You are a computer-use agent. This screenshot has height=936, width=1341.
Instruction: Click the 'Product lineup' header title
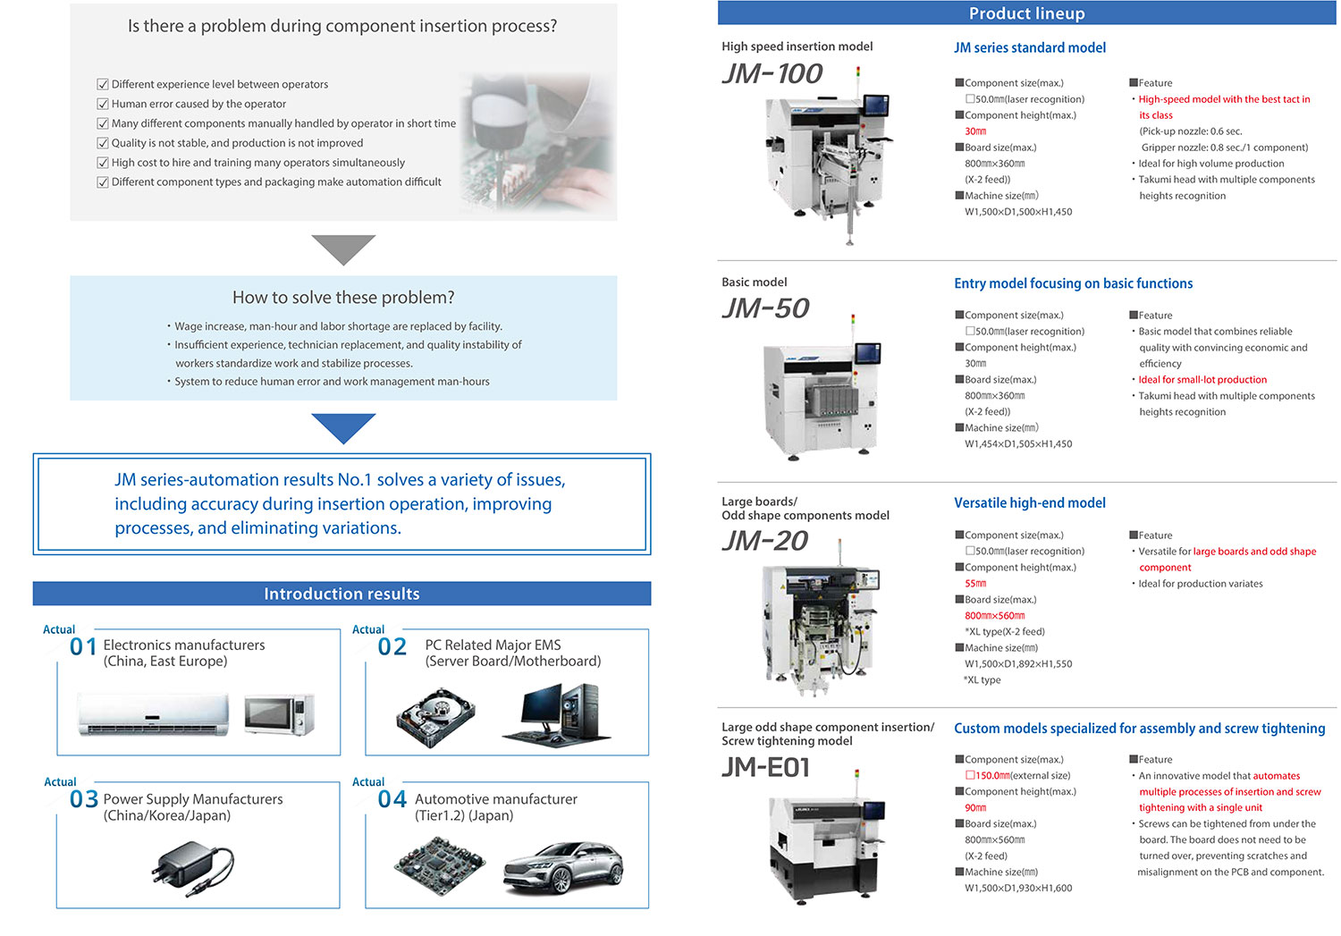coord(1026,13)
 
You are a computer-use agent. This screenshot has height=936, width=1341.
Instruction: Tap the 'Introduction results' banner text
coord(342,594)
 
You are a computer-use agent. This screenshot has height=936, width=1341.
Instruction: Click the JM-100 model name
coord(772,74)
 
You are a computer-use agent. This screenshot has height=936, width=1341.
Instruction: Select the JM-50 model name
coord(765,308)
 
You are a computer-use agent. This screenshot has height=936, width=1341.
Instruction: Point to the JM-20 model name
coord(765,541)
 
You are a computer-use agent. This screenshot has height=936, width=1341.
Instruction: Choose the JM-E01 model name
coord(765,767)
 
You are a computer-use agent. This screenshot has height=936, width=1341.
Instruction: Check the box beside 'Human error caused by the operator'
coord(103,104)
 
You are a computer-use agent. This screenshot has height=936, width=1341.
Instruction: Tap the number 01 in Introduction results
coord(82,647)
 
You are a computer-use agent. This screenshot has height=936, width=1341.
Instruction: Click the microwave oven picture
coord(279,714)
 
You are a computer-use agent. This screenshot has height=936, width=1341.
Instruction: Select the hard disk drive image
coord(436,718)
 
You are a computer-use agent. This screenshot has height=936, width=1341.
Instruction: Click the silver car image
coord(563,868)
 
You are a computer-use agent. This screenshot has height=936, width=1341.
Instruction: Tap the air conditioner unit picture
coord(153,714)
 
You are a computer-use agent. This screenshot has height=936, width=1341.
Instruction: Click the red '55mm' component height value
coord(975,584)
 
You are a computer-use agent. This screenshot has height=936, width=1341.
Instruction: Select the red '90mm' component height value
coord(975,808)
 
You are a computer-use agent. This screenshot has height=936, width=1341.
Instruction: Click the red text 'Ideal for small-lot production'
coord(1202,379)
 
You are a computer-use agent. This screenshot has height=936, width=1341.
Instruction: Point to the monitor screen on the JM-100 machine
coord(875,106)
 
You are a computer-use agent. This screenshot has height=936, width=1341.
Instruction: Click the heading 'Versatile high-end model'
coord(1030,502)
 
